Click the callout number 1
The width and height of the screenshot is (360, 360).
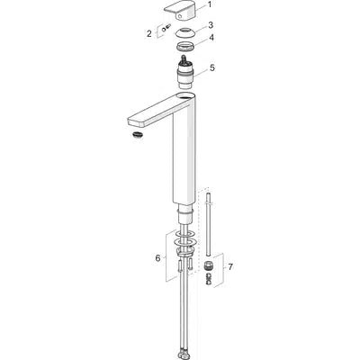coord(210,4)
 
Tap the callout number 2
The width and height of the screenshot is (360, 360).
coord(149,33)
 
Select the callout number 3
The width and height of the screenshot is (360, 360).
coord(211,24)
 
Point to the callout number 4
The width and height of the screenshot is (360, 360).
coord(211,38)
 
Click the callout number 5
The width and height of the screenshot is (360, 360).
coord(212,67)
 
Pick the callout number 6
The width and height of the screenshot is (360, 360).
coord(157,258)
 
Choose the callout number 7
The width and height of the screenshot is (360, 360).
coord(230,266)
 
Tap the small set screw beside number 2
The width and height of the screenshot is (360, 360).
coord(166,28)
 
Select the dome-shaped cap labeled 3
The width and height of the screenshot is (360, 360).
coord(184,32)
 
